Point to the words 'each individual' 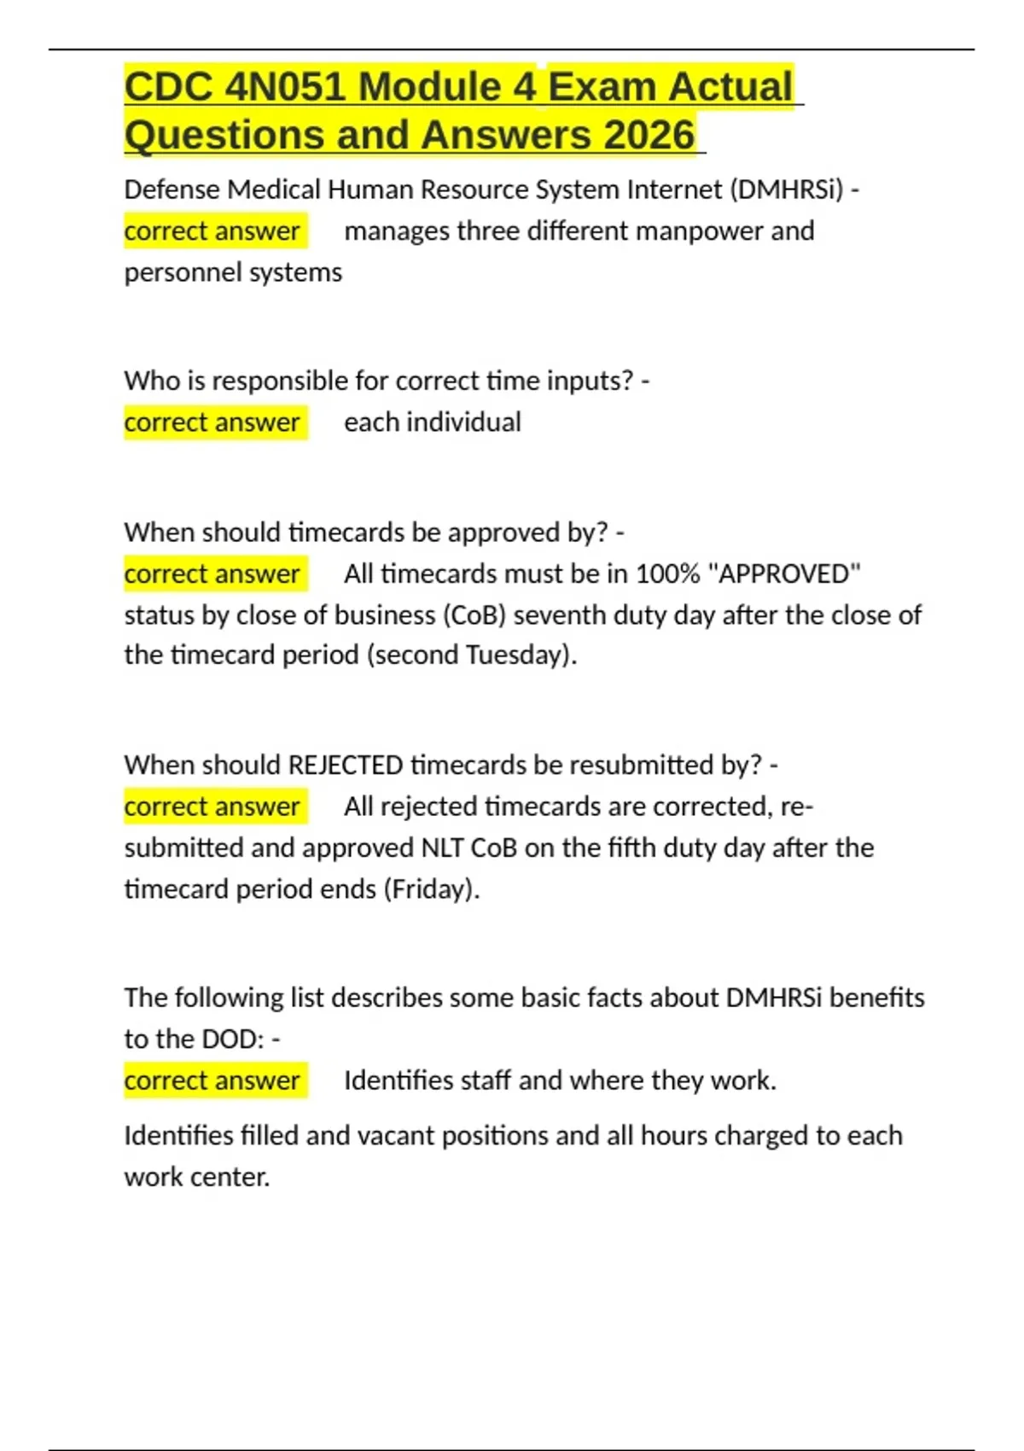pos(432,422)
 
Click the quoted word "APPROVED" pos(784,574)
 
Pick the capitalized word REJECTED pos(346,765)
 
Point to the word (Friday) pos(431,889)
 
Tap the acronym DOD pos(230,1039)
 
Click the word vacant pos(400,1135)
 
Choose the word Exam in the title pos(602,87)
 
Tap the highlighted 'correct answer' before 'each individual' pos(212,422)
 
